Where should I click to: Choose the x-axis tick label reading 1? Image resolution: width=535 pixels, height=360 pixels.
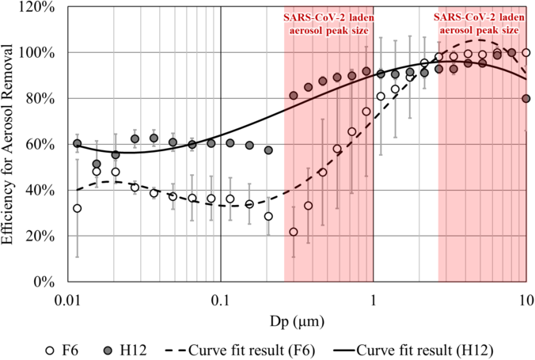(374, 301)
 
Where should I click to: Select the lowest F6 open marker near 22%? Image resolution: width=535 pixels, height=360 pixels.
(294, 232)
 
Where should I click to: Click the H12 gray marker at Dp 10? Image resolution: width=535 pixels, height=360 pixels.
(526, 99)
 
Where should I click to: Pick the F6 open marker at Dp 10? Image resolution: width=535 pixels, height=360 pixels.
(526, 53)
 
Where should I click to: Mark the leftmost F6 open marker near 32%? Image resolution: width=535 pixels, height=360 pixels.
(77, 208)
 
